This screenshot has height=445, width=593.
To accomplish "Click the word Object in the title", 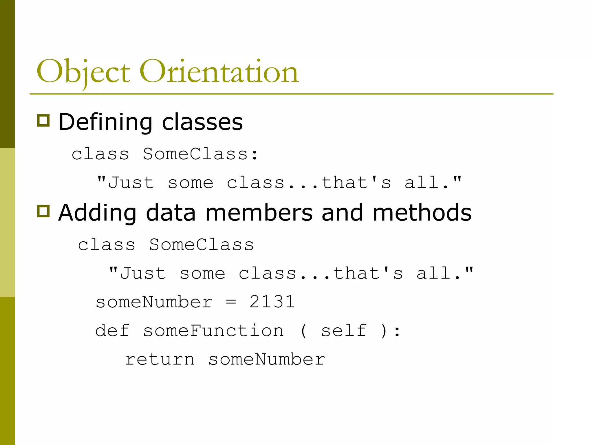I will click(83, 72).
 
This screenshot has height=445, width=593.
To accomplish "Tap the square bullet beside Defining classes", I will click(43, 120).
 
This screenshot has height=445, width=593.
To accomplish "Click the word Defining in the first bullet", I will click(105, 122).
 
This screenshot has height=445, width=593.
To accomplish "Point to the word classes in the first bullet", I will click(202, 122).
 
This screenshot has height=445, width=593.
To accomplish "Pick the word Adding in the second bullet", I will click(97, 213).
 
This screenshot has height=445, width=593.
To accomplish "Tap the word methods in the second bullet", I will click(422, 213).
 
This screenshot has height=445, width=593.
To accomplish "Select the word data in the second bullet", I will click(171, 213).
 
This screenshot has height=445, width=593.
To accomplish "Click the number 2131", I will click(272, 302).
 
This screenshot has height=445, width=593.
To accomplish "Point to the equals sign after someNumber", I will click(231, 302).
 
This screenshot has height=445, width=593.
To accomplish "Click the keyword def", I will click(112, 331).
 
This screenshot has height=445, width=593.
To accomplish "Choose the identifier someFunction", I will click(213, 331).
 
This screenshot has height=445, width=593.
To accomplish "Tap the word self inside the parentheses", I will click(344, 331).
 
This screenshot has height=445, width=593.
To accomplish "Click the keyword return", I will click(160, 360).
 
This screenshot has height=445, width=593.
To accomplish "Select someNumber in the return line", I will click(267, 360).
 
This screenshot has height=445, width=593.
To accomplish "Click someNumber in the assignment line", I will click(154, 302).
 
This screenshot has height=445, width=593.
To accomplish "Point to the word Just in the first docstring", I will click(131, 183).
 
